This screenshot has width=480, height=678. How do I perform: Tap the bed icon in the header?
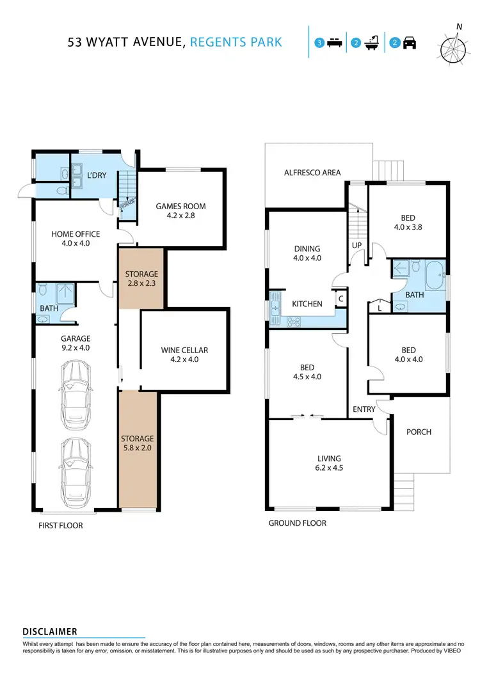click(x=334, y=43)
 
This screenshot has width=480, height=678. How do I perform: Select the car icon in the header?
click(x=410, y=43)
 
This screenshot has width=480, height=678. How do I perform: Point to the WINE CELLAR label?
click(x=185, y=350)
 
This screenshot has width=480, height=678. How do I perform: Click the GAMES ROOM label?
click(x=181, y=206)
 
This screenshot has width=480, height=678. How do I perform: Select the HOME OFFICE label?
click(x=76, y=234)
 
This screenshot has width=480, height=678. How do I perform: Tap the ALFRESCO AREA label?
click(x=312, y=173)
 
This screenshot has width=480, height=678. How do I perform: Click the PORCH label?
click(x=419, y=432)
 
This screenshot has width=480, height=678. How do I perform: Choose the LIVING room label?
click(x=329, y=458)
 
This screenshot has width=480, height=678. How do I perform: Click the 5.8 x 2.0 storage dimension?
click(x=138, y=448)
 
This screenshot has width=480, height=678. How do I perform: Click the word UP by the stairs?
click(x=356, y=246)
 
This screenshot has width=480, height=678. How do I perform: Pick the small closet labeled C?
click(x=340, y=298)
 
